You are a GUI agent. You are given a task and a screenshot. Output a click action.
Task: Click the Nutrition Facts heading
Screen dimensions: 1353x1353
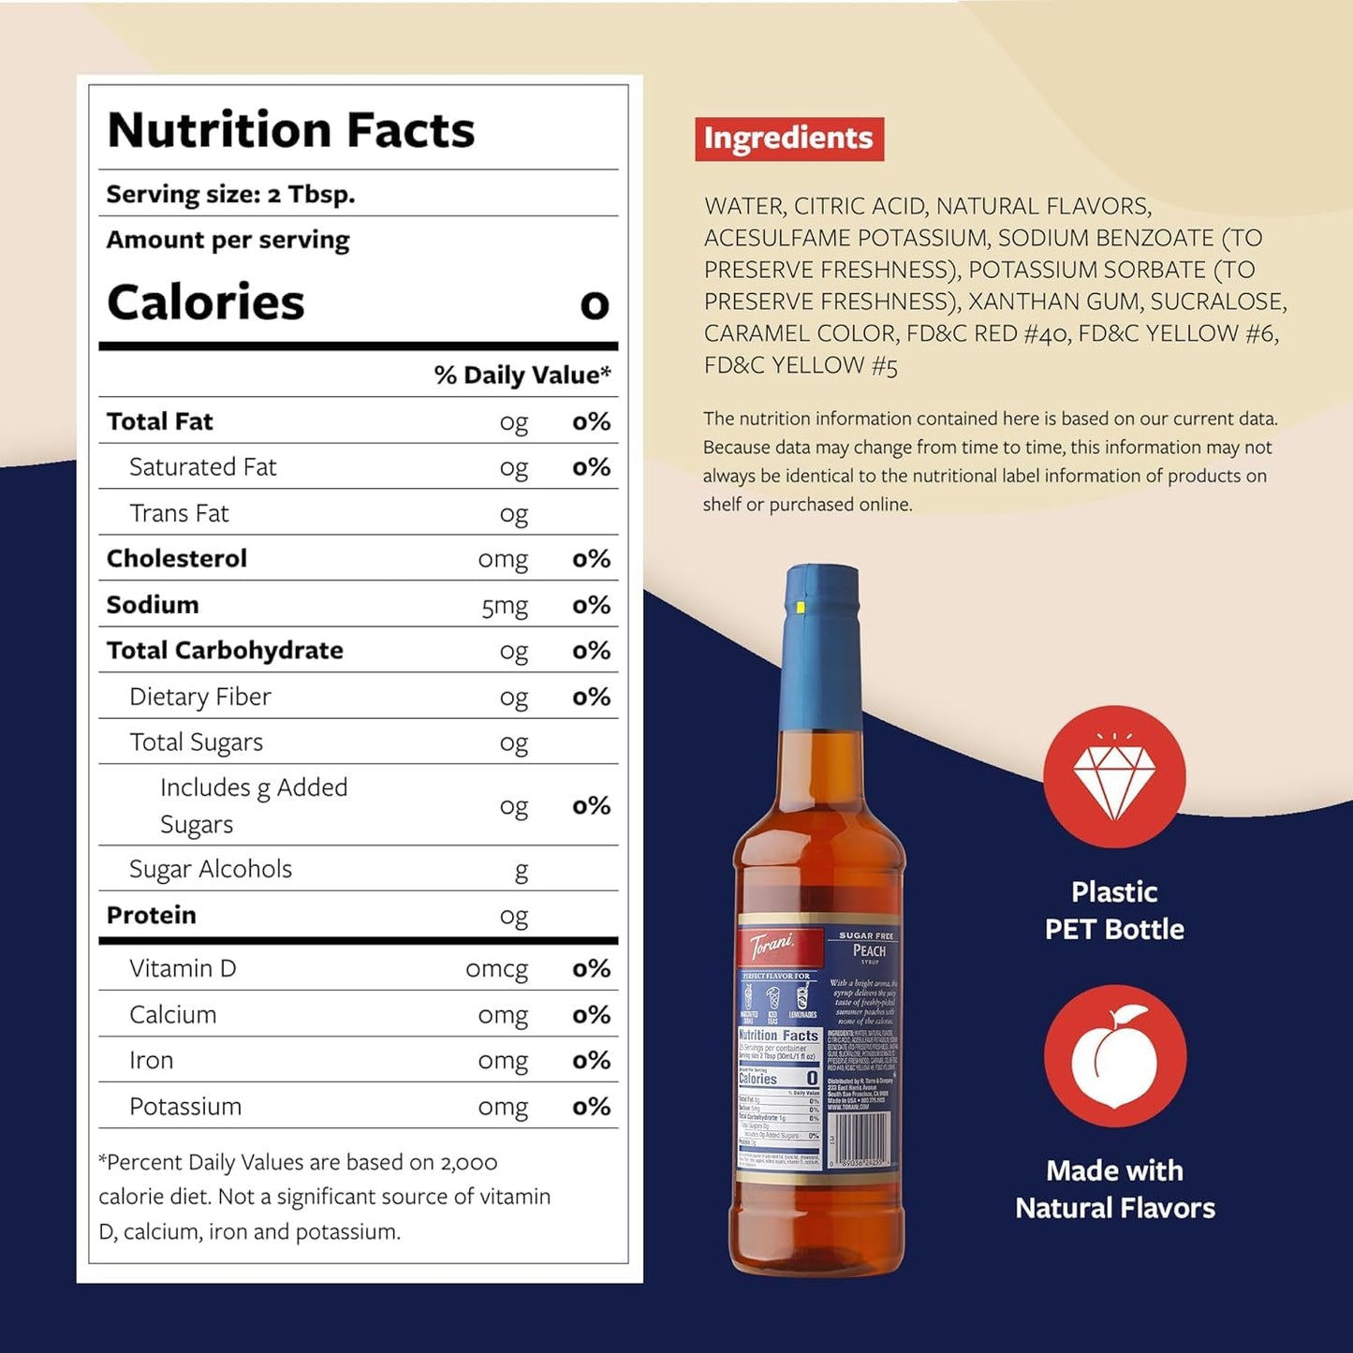(x=291, y=130)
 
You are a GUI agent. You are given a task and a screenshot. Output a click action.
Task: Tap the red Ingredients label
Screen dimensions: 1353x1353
(x=788, y=139)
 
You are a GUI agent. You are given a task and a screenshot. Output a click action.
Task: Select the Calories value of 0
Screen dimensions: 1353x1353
(x=594, y=305)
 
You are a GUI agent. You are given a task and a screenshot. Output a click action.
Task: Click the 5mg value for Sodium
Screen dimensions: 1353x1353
(x=505, y=606)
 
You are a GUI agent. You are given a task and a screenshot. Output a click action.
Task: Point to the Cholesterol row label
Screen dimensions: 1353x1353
(x=177, y=559)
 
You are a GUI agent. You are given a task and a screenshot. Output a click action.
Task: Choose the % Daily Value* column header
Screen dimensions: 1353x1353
(x=522, y=375)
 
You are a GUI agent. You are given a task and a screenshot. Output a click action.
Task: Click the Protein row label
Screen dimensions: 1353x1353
(x=152, y=916)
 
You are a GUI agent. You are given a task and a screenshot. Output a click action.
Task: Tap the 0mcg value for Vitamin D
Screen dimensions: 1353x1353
(x=496, y=969)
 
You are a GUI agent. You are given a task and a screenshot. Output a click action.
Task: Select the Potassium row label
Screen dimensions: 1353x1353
(x=185, y=1107)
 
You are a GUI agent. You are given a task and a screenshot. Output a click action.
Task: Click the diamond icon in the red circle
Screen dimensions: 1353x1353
(x=1114, y=777)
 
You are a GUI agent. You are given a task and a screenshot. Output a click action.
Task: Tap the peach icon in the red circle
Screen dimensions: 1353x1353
(x=1114, y=1056)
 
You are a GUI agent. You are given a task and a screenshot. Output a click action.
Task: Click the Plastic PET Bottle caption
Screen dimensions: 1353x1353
(x=1114, y=911)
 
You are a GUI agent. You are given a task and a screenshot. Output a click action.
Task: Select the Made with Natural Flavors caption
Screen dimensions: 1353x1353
(x=1114, y=1189)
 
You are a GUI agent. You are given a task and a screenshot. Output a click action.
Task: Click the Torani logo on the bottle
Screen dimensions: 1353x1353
(x=773, y=947)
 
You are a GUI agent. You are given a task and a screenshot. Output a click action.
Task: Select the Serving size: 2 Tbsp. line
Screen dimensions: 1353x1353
(x=230, y=195)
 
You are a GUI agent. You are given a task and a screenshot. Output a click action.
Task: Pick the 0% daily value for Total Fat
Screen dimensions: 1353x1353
(x=591, y=422)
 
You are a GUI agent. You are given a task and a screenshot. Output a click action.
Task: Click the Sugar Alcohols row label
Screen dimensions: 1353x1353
(x=211, y=870)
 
